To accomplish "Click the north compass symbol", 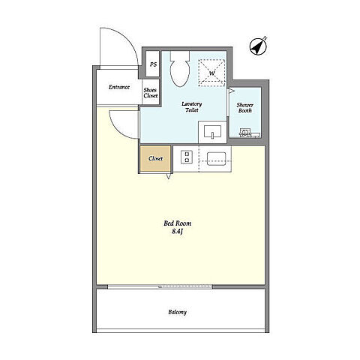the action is point(259,46).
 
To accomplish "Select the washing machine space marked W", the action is point(211,73).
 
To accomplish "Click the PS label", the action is point(153,64).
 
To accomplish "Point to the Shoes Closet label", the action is point(151,93).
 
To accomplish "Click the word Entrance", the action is point(119,87).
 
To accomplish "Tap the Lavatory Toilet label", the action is point(192,106).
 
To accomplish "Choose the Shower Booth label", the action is point(245,108).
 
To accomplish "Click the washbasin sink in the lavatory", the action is point(212,132).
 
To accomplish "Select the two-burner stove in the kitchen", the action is point(187,157).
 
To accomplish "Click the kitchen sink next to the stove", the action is point(217,159).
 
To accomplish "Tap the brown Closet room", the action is point(155,158).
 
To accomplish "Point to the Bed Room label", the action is point(178,223).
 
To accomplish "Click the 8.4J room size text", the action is point(178,232).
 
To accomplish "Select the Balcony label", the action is point(178,312).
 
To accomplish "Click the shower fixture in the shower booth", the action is point(244,133).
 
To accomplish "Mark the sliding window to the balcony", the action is point(160,286).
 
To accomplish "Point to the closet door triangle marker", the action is point(169,176).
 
